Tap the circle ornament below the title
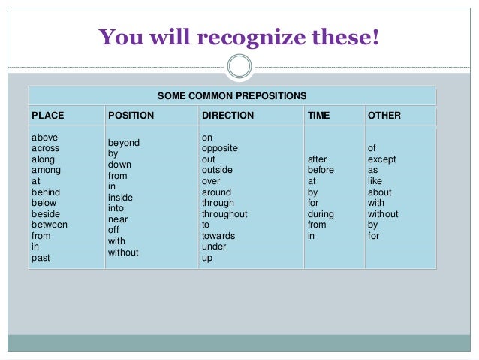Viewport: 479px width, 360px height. coord(239,66)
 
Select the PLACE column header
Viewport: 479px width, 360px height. coord(47,116)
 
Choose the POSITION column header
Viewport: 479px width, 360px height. coord(131,116)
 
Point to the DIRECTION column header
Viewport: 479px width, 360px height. coord(228,116)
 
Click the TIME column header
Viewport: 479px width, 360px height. coord(319,116)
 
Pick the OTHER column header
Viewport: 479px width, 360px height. coord(384,116)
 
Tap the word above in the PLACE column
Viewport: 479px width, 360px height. coord(44,138)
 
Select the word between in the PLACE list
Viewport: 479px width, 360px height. coord(50,225)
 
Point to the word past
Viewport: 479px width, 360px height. coord(41,258)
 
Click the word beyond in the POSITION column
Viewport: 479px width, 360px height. coord(124,143)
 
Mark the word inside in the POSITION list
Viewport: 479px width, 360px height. coord(121,198)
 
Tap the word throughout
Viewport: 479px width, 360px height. coord(224,214)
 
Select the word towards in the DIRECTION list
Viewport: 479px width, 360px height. coord(218,236)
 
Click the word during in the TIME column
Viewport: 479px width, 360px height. coord(321,214)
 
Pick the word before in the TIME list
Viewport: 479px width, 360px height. coord(321,171)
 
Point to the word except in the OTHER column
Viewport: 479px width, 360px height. coord(381,159)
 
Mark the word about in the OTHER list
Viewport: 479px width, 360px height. coord(379,192)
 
